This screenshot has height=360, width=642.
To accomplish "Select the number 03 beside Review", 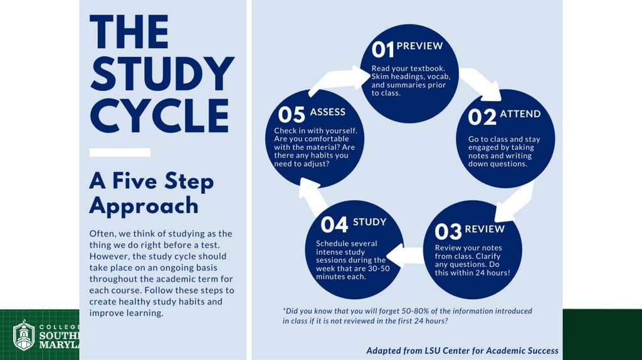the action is (448, 232).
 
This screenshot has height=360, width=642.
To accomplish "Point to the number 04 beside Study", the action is (334, 225).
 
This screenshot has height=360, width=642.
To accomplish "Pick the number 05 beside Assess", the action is (292, 115).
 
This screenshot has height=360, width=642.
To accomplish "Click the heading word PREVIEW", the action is (419, 46).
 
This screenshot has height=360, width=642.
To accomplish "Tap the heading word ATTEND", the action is (520, 114).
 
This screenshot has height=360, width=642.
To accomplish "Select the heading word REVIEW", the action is (485, 229).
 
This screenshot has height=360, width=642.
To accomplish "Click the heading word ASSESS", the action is (327, 112).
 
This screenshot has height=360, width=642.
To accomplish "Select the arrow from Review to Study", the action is (404, 253).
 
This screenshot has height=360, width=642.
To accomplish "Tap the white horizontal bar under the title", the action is (120, 152).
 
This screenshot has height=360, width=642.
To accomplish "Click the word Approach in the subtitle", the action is (144, 205).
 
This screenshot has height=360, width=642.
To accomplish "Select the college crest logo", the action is (24, 335).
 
